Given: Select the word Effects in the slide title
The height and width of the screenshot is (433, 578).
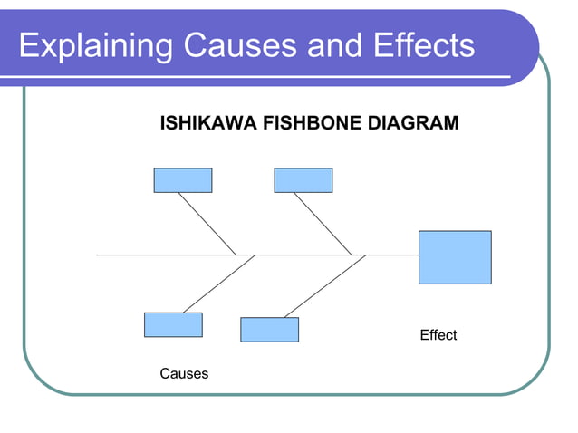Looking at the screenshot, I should [416, 45].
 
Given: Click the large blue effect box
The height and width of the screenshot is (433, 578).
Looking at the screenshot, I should [455, 256].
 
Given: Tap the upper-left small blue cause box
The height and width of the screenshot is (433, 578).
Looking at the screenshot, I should [182, 180].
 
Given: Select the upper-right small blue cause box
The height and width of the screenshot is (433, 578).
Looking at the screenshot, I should [303, 180].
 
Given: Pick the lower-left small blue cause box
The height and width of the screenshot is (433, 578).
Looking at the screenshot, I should [173, 324].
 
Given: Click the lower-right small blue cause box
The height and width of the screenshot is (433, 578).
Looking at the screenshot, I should [269, 329].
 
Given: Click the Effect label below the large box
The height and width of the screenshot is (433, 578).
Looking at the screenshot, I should [438, 335].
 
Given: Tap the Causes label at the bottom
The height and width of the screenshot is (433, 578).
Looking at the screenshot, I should [184, 373].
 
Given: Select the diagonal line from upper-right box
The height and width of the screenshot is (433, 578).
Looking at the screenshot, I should [323, 223].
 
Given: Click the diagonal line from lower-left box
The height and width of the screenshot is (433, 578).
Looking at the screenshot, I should [218, 284].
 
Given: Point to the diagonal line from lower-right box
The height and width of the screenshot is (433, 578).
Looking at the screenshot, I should [324, 286].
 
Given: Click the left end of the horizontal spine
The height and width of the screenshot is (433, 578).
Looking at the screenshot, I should [99, 255].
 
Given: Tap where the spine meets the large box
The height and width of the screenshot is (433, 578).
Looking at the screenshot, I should [418, 255].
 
